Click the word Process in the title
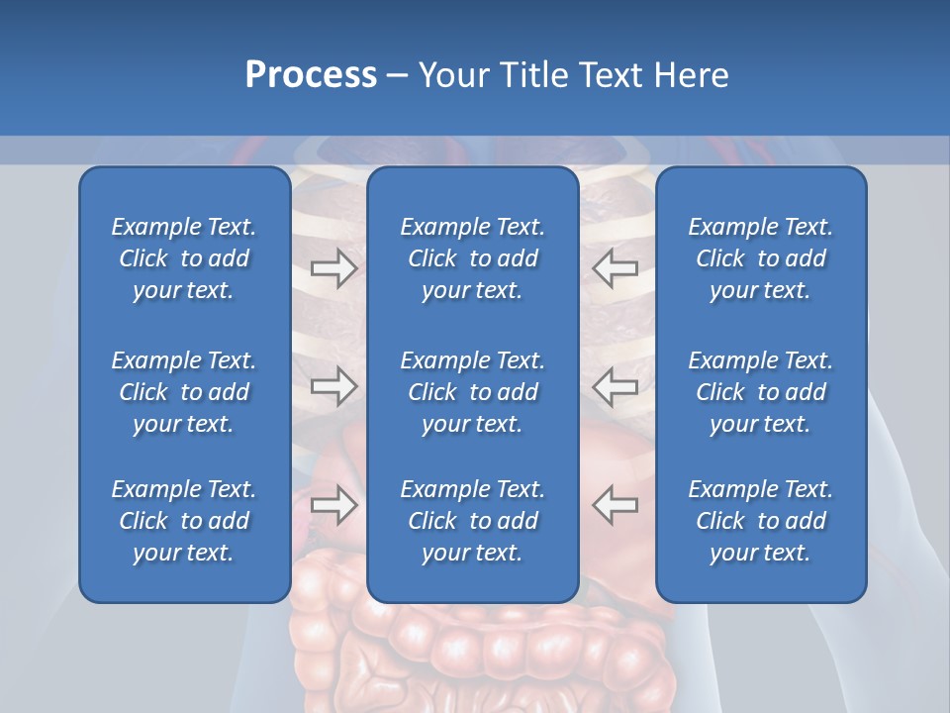coord(311,75)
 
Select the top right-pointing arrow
coord(333,268)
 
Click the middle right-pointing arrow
coord(333,386)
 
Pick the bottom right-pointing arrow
coord(333,505)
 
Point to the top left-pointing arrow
coord(616,268)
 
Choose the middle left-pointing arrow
coord(616,386)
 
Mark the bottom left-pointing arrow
coord(616,505)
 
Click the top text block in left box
coord(184,258)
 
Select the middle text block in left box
coord(184,392)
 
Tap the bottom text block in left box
coord(184,521)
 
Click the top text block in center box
coord(472,258)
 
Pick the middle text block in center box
coord(472,392)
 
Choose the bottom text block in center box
coord(472,521)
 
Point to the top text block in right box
coord(760,258)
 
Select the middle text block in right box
coord(760,392)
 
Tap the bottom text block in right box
coord(760,521)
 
